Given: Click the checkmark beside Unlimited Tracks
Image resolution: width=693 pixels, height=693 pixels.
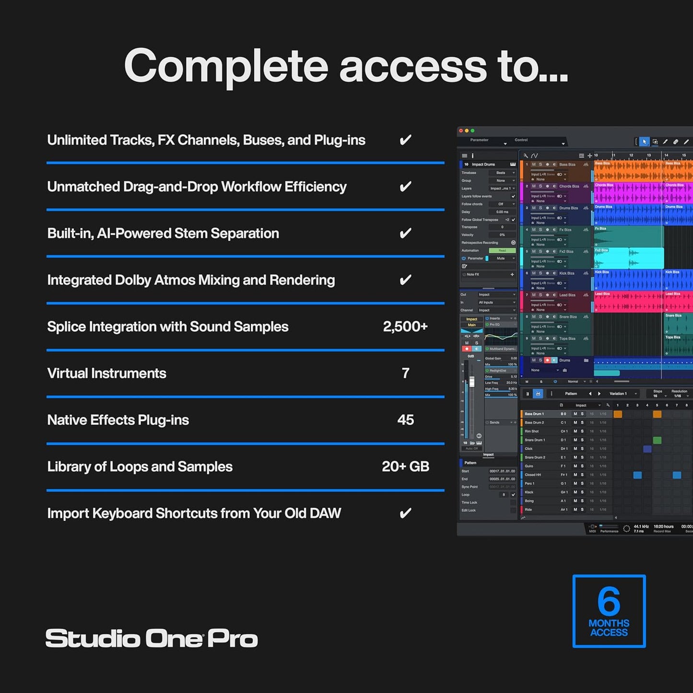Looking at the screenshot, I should pyautogui.click(x=405, y=140).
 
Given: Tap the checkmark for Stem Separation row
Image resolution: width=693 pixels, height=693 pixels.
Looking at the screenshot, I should pyautogui.click(x=405, y=234).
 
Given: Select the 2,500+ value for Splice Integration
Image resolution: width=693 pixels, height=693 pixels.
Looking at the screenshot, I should pyautogui.click(x=405, y=327).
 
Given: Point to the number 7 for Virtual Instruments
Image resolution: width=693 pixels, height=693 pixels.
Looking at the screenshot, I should pyautogui.click(x=405, y=373).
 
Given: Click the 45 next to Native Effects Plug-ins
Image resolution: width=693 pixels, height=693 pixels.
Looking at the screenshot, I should pyautogui.click(x=405, y=420).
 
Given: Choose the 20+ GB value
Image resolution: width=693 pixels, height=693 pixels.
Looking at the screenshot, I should pyautogui.click(x=405, y=467).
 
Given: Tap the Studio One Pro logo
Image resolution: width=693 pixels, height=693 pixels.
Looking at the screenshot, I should pyautogui.click(x=152, y=639).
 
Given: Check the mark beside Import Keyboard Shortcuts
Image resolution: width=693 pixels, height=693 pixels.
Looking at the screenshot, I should pyautogui.click(x=405, y=514).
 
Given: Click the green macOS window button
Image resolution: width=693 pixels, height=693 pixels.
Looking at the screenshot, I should pyautogui.click(x=472, y=130).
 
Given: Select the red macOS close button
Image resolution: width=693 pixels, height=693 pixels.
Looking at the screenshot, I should pyautogui.click(x=461, y=130).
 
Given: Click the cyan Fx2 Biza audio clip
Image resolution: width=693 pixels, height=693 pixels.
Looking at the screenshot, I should pyautogui.click(x=629, y=258).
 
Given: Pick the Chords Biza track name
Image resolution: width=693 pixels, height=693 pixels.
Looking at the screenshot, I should pyautogui.click(x=569, y=186).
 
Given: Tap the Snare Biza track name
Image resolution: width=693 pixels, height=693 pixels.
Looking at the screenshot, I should pyautogui.click(x=568, y=317).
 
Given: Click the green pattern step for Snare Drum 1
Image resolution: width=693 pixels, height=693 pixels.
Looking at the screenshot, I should pyautogui.click(x=657, y=440).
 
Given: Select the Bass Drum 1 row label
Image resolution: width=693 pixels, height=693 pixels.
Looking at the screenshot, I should pyautogui.click(x=534, y=414).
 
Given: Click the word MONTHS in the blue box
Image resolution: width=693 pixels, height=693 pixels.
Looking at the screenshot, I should pyautogui.click(x=609, y=623).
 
